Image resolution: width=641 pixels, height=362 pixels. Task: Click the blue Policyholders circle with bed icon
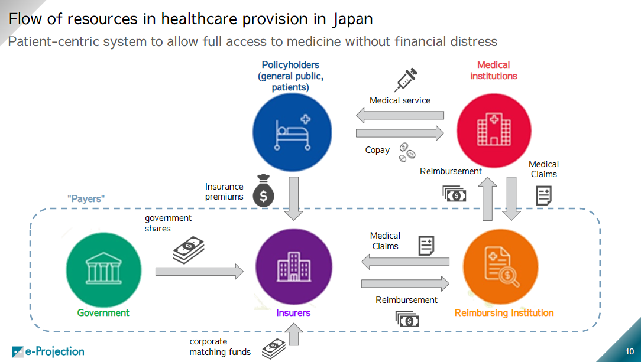(x=292, y=133)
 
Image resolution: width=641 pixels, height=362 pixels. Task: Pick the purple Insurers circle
(x=293, y=269)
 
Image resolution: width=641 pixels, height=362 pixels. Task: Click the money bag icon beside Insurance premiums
(x=263, y=191)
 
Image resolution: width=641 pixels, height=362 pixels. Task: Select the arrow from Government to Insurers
(x=199, y=272)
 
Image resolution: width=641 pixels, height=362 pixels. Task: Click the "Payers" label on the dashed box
(x=85, y=199)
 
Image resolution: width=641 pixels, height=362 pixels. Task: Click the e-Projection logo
(x=48, y=351)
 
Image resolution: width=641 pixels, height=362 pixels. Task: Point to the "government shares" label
(x=168, y=223)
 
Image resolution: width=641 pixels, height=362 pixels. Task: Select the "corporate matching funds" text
(x=220, y=347)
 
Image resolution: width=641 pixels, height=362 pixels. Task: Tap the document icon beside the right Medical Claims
(x=543, y=195)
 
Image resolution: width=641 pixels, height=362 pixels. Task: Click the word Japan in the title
(x=353, y=19)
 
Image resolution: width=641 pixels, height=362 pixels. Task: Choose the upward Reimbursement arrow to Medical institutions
(x=488, y=199)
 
